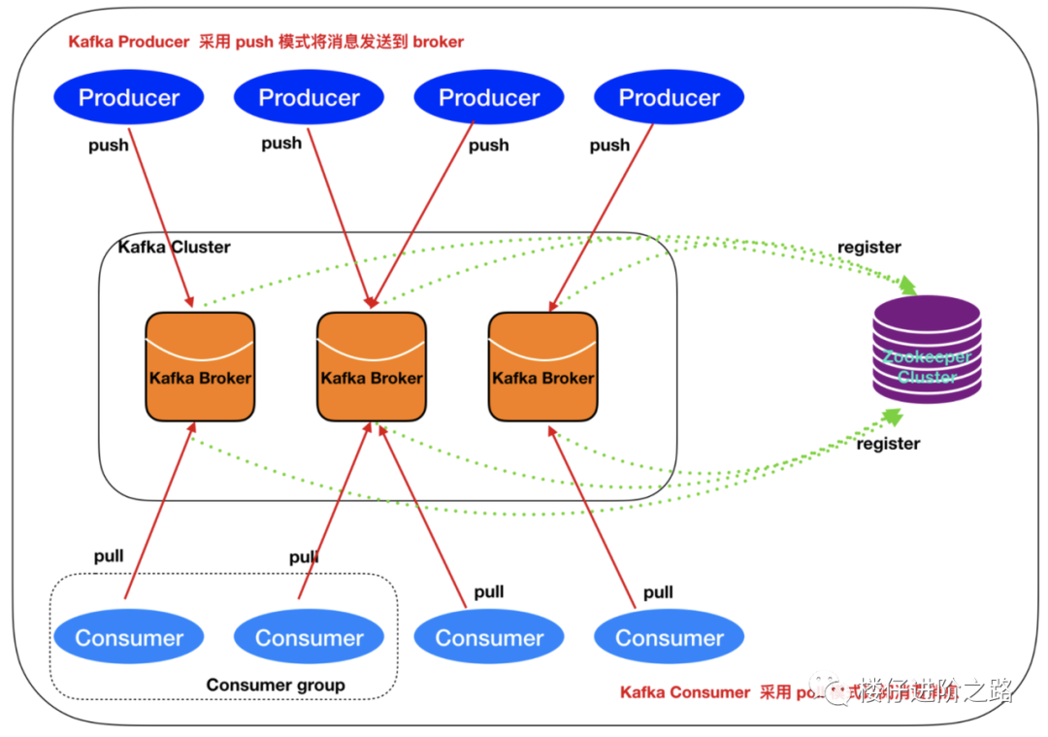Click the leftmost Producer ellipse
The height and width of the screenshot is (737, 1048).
pyautogui.click(x=129, y=97)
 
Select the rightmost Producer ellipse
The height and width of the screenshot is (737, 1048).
pyautogui.click(x=670, y=97)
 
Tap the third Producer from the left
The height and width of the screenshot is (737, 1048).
pyautogui.click(x=489, y=97)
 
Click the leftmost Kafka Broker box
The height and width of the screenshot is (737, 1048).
pyautogui.click(x=200, y=367)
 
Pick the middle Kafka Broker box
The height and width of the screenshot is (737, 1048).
pyautogui.click(x=372, y=367)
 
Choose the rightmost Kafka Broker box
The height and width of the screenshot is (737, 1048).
pyautogui.click(x=542, y=367)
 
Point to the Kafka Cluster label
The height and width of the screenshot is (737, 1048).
pyautogui.click(x=175, y=247)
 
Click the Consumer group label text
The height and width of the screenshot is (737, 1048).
pyautogui.click(x=276, y=685)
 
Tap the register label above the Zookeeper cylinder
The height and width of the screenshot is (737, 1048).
pyautogui.click(x=869, y=247)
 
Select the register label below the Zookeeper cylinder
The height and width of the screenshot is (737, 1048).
pyautogui.click(x=888, y=444)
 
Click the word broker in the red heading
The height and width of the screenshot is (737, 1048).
pyautogui.click(x=438, y=42)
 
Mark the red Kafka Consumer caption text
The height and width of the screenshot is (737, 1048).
pyautogui.click(x=685, y=692)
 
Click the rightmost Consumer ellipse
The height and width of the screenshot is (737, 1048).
pyautogui.click(x=670, y=638)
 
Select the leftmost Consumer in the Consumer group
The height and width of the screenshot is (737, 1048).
pyautogui.click(x=129, y=638)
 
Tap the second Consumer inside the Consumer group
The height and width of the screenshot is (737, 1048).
pyautogui.click(x=310, y=638)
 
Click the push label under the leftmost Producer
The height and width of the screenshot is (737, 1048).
pyautogui.click(x=108, y=146)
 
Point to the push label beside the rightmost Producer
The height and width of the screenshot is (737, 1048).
pyautogui.click(x=609, y=146)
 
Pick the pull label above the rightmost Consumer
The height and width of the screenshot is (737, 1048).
pyautogui.click(x=658, y=592)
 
